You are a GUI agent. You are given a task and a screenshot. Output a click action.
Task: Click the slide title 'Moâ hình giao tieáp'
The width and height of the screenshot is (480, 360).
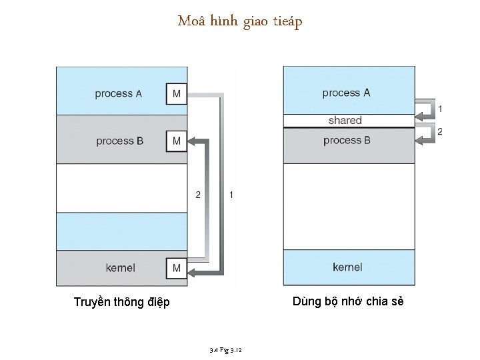click(240, 22)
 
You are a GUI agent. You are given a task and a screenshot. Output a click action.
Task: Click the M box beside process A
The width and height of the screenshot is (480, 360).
click(177, 94)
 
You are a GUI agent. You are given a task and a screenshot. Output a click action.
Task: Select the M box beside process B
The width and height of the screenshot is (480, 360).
click(177, 141)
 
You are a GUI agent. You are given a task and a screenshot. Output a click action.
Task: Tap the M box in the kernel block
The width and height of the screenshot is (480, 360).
click(177, 268)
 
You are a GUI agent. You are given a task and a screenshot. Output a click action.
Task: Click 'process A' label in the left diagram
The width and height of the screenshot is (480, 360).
click(118, 94)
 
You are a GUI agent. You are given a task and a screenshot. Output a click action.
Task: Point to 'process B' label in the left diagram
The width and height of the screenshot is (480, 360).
click(119, 141)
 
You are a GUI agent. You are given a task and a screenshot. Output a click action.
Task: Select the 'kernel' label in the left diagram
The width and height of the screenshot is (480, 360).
click(120, 268)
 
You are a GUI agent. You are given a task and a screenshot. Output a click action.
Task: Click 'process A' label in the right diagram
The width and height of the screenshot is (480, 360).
click(346, 93)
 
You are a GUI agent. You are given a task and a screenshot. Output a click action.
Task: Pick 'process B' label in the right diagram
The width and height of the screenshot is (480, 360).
click(347, 140)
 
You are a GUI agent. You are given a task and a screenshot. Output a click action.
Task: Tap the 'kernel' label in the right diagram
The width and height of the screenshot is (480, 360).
click(347, 267)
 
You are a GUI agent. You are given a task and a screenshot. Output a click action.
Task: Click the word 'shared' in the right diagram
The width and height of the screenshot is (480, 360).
click(345, 121)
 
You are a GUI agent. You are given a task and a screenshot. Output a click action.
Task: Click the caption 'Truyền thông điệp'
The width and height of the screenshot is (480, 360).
click(121, 303)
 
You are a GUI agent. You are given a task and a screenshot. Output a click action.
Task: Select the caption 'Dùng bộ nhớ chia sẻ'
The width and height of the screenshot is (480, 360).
click(348, 302)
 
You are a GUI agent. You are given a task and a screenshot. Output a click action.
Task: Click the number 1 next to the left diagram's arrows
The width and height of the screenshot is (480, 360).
click(231, 195)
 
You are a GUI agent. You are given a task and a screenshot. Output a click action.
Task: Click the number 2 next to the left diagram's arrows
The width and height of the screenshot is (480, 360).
click(198, 195)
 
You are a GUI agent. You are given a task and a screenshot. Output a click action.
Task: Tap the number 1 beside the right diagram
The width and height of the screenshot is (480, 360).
click(439, 108)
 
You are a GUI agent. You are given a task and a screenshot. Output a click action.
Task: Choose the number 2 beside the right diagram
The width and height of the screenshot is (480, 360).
click(439, 131)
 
